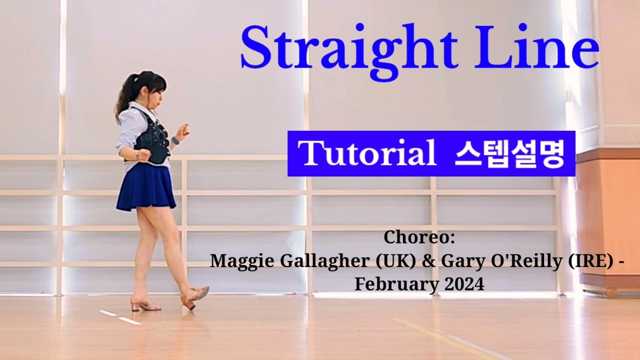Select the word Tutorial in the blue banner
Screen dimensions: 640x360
367,152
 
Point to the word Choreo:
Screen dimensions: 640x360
419,237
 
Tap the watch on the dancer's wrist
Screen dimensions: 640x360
175,141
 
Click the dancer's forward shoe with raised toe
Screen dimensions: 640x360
195,297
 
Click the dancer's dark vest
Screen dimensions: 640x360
152,137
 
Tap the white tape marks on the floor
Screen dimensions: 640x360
120,317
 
